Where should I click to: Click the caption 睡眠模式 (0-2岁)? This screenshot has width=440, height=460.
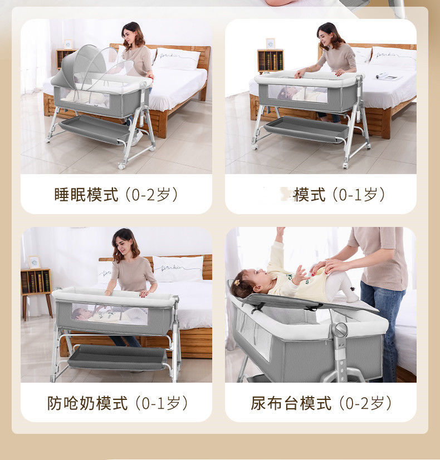pyautogui.click(x=116, y=195)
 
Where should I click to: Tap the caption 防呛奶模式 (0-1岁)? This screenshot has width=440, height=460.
pyautogui.click(x=116, y=403)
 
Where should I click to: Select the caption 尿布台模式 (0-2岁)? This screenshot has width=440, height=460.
pyautogui.click(x=321, y=403)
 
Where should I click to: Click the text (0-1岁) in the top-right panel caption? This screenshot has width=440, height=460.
pyautogui.click(x=359, y=195)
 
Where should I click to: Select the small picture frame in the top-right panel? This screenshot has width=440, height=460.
pyautogui.click(x=270, y=43)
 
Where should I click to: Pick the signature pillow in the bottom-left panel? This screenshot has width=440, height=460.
pyautogui.click(x=178, y=268)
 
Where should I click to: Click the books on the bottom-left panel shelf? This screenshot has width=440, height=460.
pyautogui.click(x=36, y=282)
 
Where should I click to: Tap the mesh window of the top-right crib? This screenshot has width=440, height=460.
pyautogui.click(x=297, y=93)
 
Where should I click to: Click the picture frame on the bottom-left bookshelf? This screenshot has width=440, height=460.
pyautogui.click(x=35, y=262)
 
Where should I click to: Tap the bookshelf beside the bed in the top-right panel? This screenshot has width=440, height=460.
pyautogui.click(x=271, y=61)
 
